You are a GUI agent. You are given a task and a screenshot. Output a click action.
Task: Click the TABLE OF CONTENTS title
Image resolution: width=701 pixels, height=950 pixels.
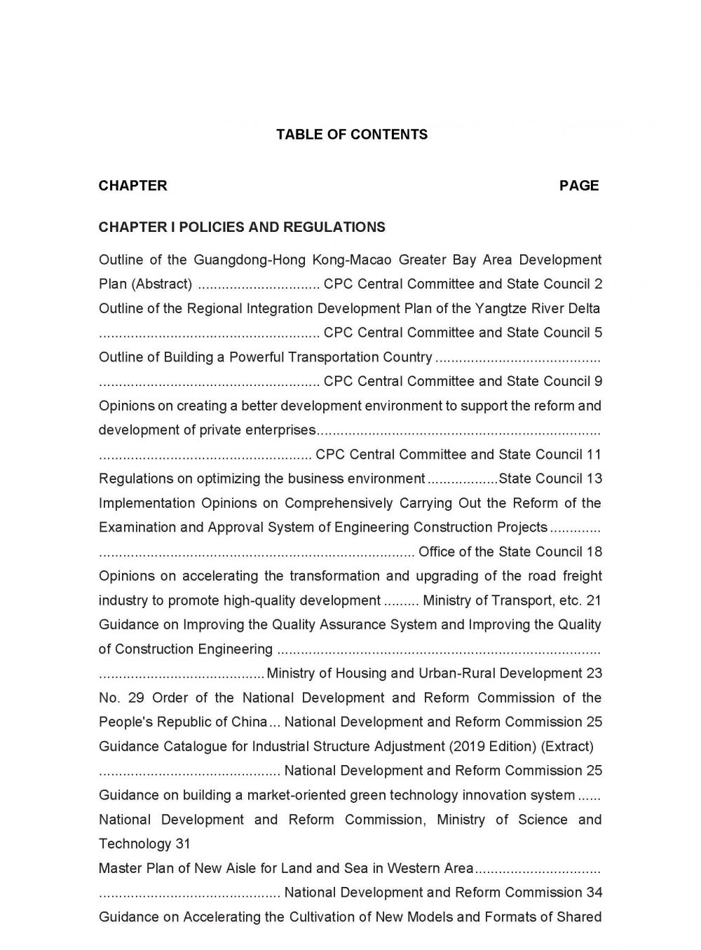(x=351, y=135)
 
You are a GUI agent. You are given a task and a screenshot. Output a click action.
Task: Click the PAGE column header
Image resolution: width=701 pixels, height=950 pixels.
(x=579, y=186)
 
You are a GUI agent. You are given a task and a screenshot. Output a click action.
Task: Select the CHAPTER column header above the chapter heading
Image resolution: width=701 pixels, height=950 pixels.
(x=132, y=186)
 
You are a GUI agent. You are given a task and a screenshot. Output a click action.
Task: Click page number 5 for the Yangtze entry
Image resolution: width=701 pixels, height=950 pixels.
(x=598, y=333)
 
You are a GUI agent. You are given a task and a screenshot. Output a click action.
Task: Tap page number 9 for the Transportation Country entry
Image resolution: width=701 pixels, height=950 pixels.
(x=598, y=382)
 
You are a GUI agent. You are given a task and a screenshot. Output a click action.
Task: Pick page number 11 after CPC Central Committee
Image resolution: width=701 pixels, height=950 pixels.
(x=594, y=455)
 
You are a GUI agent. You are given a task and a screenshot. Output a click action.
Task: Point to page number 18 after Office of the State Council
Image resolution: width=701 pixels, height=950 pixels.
(x=594, y=552)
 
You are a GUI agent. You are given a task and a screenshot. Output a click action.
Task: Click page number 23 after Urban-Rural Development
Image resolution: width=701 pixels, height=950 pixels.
(x=594, y=674)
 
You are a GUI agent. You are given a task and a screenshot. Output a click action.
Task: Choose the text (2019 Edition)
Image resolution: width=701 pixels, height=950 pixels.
(x=498, y=747)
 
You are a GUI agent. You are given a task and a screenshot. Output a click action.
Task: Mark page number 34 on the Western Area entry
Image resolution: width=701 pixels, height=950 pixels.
(x=594, y=893)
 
